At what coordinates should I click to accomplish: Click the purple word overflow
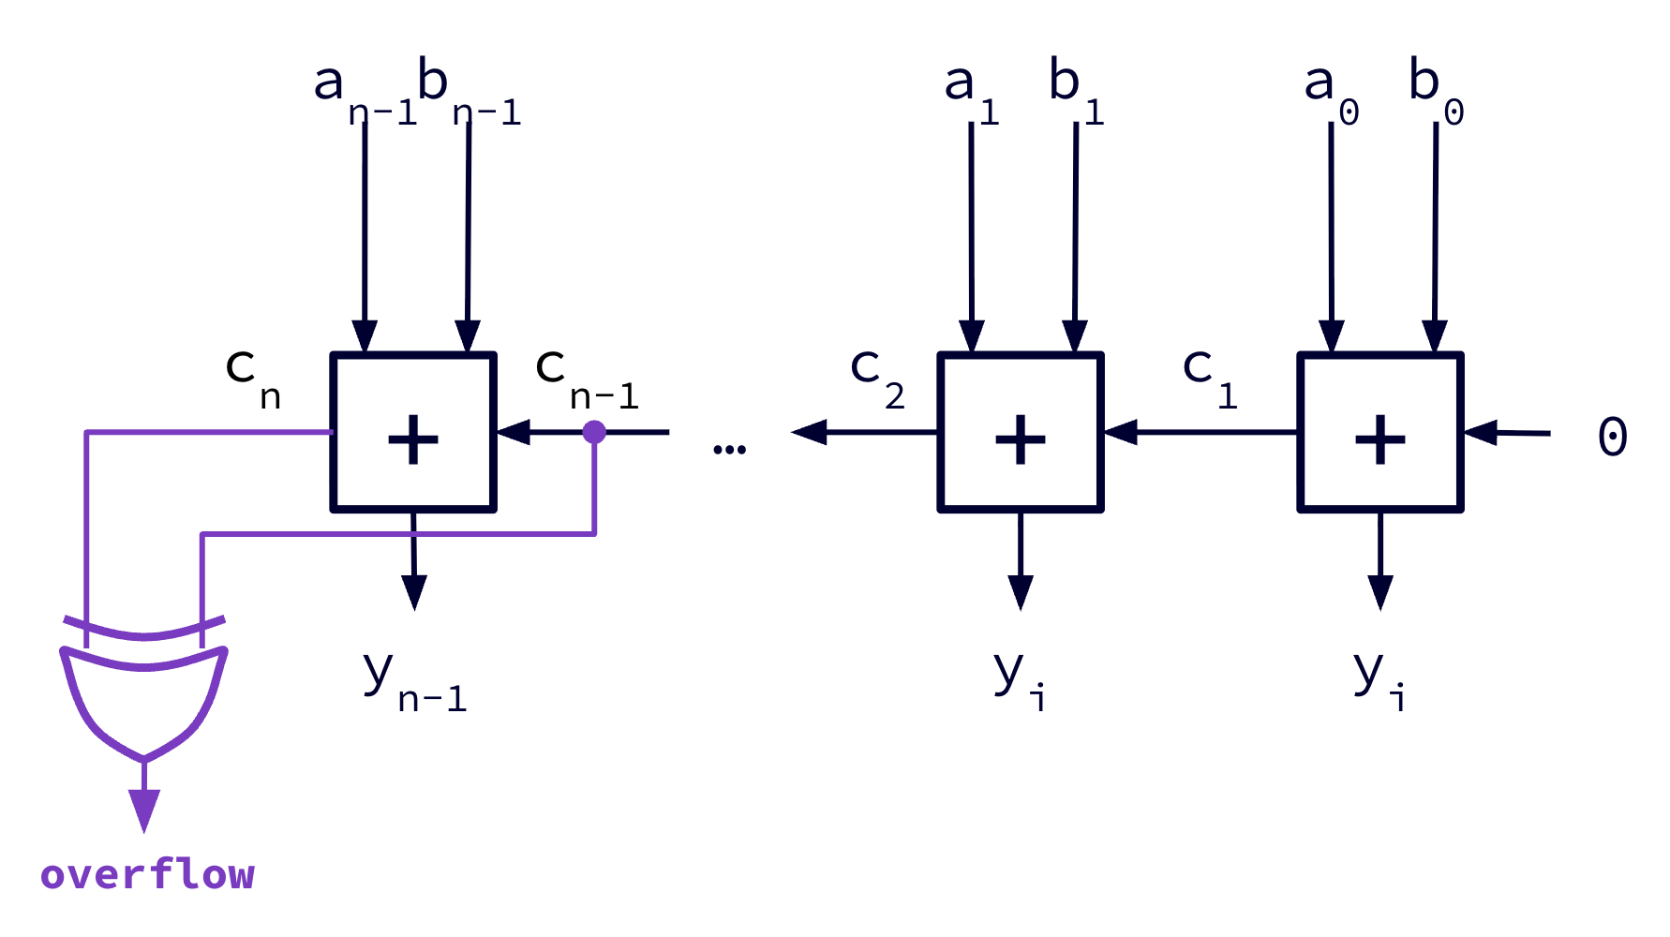tap(147, 874)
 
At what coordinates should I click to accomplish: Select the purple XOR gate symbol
tap(143, 698)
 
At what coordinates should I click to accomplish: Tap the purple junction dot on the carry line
tap(594, 432)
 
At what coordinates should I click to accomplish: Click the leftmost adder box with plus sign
tap(413, 433)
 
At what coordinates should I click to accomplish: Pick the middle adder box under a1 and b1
tap(1021, 433)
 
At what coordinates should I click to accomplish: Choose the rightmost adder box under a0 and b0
tap(1380, 433)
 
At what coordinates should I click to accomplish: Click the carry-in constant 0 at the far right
tap(1612, 437)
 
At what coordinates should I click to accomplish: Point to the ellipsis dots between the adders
tap(729, 450)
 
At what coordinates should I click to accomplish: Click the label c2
tap(876, 377)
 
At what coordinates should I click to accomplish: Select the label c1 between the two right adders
tap(1209, 377)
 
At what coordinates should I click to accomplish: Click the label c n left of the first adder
tap(251, 377)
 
